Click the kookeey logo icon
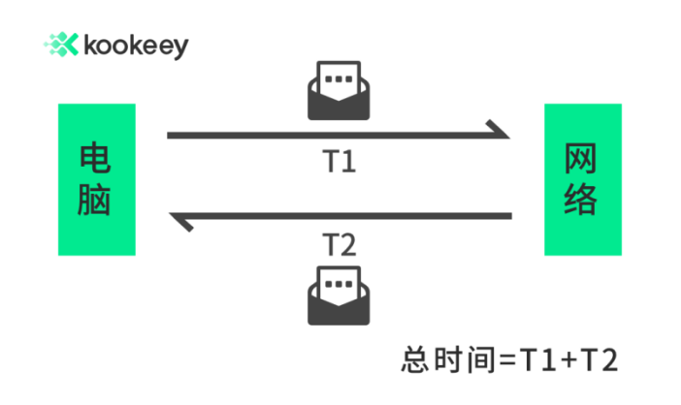point(60,45)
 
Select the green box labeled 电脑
point(96,180)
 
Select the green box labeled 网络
point(582,180)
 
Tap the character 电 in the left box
point(96,158)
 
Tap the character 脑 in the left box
point(96,202)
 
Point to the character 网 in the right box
point(582,158)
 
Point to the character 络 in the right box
point(582,202)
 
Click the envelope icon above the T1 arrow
point(338,92)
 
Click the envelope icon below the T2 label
point(338,296)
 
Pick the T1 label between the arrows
point(339,161)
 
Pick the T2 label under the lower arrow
point(339,244)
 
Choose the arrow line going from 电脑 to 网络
point(330,136)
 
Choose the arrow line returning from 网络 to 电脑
point(349,215)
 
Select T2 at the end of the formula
point(599,359)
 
